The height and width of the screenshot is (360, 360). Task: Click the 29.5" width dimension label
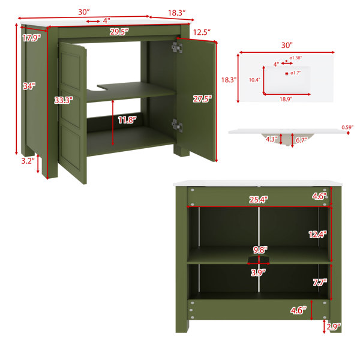coord(119,32)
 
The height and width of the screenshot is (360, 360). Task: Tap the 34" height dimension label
coord(29,86)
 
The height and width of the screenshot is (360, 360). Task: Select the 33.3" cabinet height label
coord(64,100)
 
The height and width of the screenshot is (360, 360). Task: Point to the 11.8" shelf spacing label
coord(127,120)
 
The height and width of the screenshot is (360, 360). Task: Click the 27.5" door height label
coord(202,99)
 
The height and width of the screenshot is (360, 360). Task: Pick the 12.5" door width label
coord(202,32)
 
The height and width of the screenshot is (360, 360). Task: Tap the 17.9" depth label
coord(31,38)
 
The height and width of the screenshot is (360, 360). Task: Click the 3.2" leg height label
coord(28,161)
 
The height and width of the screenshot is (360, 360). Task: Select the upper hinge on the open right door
coord(177,48)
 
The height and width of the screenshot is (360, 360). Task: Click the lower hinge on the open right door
coord(177,125)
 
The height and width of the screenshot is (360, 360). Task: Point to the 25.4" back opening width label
coord(259,200)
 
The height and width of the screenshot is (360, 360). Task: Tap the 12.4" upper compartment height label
coord(317,234)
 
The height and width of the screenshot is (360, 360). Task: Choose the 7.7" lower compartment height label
coord(320,282)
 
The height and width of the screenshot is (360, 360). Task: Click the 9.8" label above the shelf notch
coord(260,250)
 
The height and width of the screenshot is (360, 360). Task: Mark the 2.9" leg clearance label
coord(334,326)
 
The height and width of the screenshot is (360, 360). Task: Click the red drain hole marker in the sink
coord(287,73)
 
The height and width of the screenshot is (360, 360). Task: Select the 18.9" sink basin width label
coord(286,99)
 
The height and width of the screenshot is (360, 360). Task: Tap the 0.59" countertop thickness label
coord(347,127)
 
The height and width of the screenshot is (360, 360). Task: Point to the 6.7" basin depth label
coord(301,140)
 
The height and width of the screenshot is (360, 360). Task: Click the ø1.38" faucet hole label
coord(295,58)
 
